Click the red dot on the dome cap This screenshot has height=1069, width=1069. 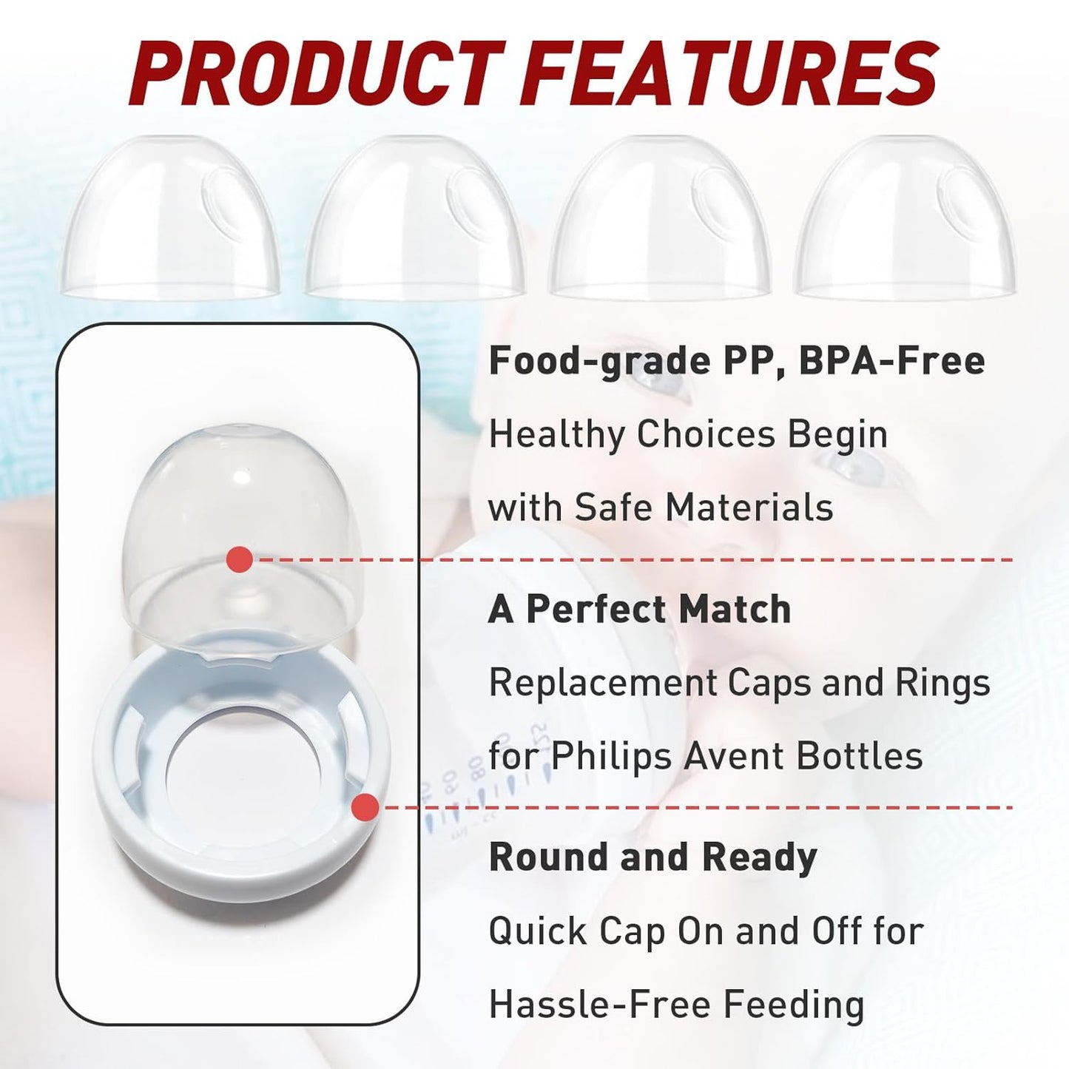tap(239, 559)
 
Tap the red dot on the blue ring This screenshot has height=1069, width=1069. tap(365, 807)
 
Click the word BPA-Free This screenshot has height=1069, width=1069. tap(891, 361)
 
